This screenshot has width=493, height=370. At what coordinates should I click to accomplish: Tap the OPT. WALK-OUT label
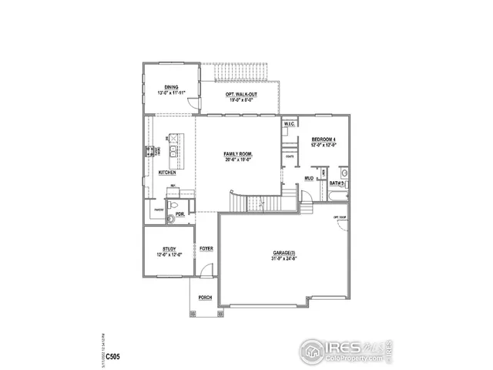[x=240, y=94]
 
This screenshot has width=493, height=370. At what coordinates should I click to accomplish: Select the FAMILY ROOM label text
[x=238, y=154]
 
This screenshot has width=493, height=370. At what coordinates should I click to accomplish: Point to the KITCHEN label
[x=167, y=173]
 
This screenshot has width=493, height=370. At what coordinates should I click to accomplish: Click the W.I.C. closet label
[x=290, y=124]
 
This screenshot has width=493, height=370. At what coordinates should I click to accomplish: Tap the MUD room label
[x=308, y=178]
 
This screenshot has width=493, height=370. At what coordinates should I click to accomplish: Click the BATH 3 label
[x=337, y=184]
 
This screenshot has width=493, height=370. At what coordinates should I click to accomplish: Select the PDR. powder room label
[x=179, y=214]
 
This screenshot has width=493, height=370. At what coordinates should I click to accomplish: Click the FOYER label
[x=206, y=249]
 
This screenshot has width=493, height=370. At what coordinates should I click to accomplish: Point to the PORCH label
[x=205, y=297]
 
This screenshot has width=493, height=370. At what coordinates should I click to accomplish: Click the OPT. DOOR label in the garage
[x=339, y=217]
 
